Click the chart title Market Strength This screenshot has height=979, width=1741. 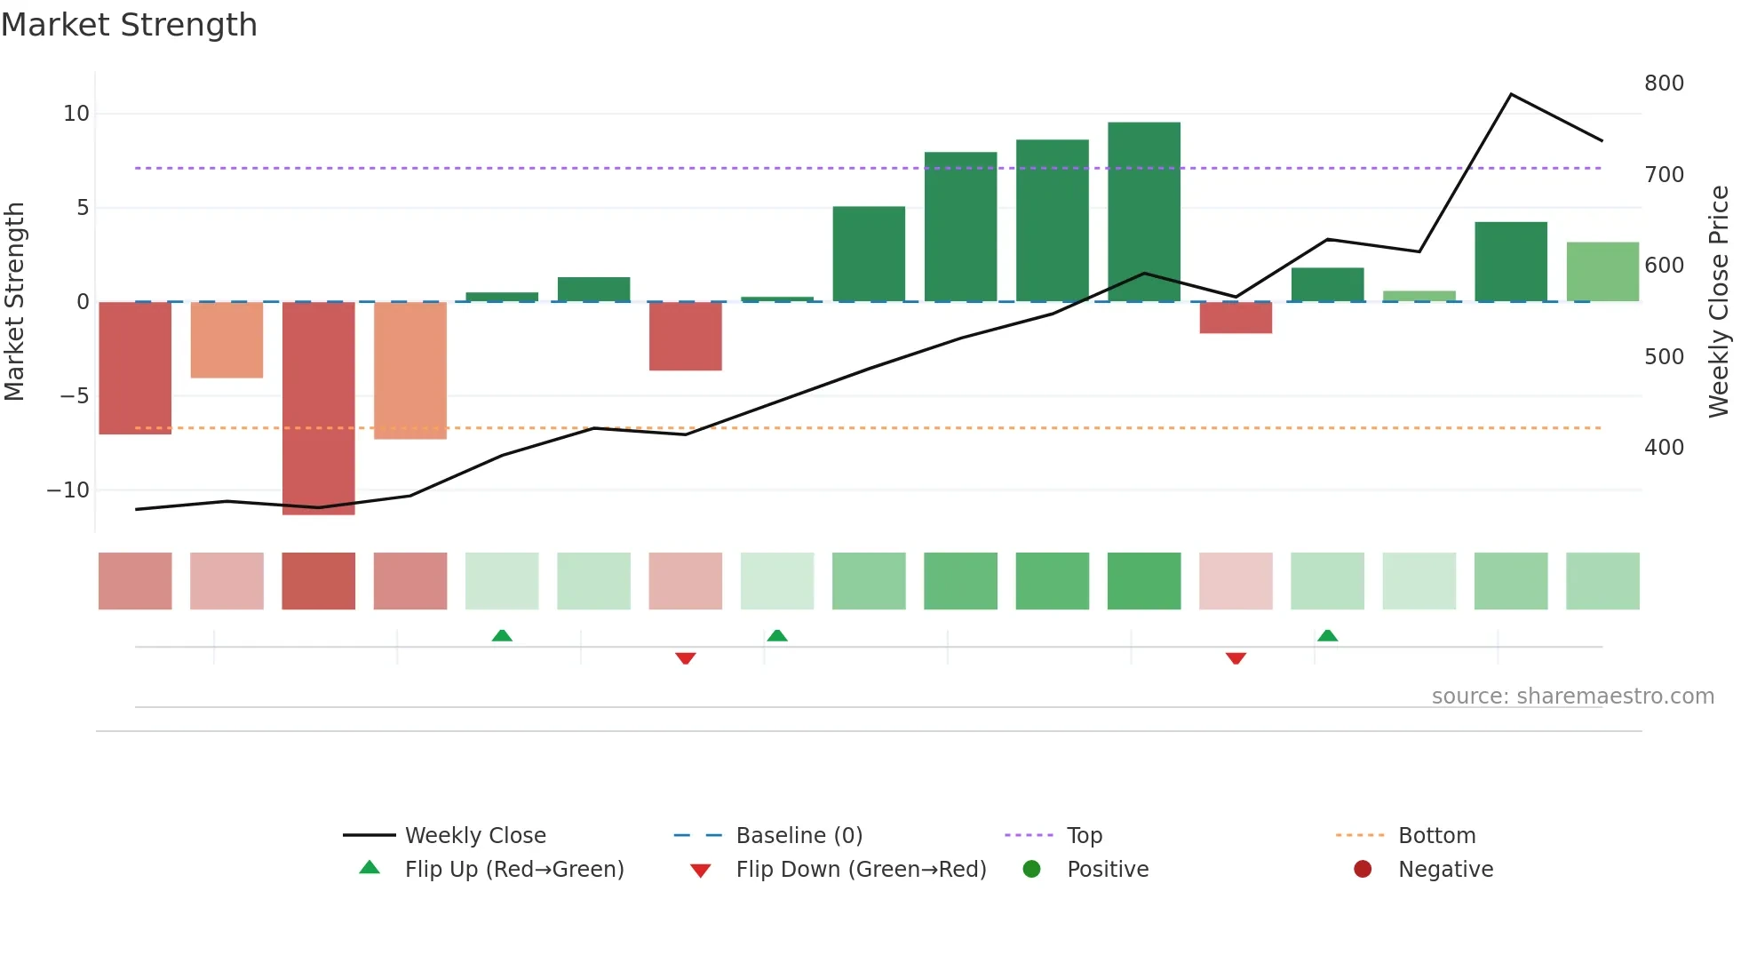129,25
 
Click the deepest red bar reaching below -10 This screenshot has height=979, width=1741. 318,408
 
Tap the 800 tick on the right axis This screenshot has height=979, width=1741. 1664,84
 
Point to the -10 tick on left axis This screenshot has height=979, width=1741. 68,490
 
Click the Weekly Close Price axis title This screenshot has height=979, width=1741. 1720,301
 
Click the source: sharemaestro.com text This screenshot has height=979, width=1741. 1572,696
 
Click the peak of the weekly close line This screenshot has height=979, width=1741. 1511,94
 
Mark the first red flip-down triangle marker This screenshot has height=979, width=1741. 685,658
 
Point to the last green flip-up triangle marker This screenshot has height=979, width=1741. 1327,635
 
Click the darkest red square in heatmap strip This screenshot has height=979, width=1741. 318,581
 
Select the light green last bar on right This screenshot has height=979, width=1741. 1602,272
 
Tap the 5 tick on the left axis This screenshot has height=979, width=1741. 83,208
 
